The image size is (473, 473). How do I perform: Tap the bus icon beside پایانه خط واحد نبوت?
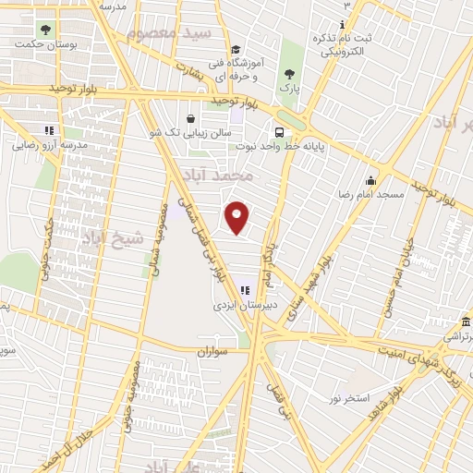(277, 131)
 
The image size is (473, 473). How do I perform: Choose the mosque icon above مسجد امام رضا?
(370, 180)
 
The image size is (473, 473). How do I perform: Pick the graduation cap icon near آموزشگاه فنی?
(236, 51)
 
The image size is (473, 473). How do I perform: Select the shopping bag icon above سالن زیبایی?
(190, 118)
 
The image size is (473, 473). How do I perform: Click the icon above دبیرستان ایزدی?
(245, 289)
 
